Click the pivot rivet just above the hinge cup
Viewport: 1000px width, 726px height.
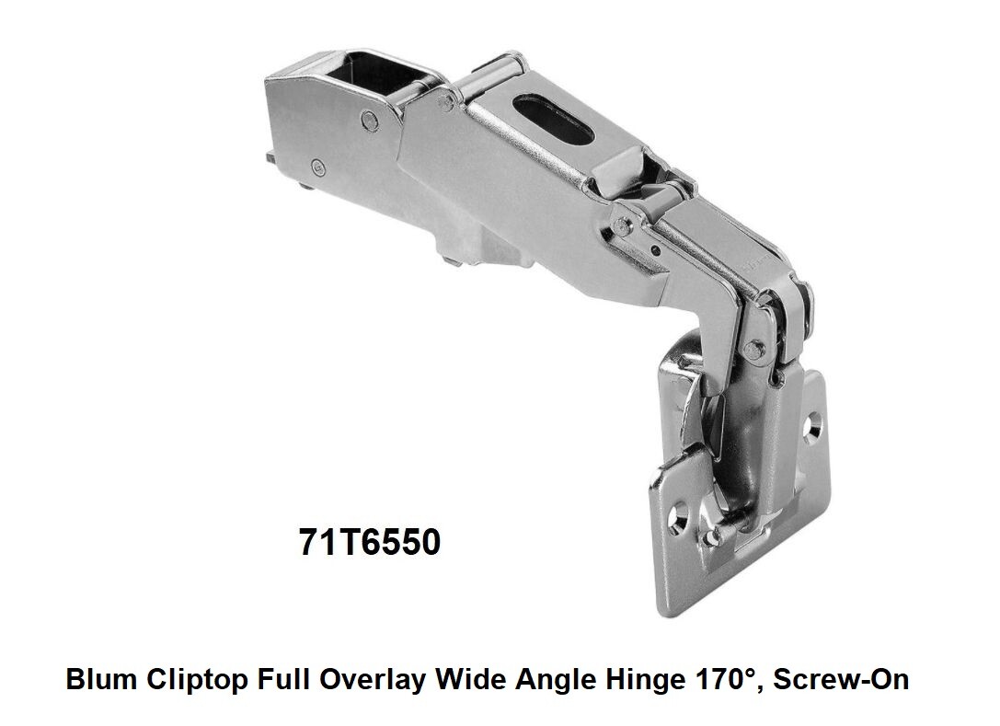[x=754, y=347]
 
